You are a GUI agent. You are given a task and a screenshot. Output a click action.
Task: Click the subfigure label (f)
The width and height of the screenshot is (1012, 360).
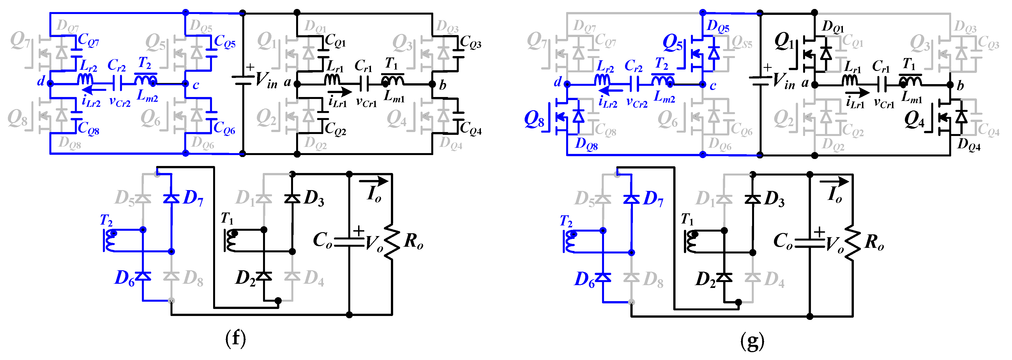235,339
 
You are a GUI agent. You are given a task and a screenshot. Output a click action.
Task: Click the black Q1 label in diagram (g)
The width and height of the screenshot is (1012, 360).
784,41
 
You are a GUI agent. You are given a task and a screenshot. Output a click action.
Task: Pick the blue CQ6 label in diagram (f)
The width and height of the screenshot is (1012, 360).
224,128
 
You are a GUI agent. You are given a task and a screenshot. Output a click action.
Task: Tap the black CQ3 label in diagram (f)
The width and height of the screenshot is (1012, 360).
470,42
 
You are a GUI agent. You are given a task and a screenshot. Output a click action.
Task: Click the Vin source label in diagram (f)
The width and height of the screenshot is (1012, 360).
266,80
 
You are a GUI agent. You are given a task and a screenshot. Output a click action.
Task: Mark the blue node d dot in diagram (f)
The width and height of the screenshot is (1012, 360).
50,83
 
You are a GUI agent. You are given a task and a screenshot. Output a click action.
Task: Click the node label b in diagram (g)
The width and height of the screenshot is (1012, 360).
960,86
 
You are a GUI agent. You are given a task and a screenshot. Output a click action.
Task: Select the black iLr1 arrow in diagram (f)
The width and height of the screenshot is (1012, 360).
341,92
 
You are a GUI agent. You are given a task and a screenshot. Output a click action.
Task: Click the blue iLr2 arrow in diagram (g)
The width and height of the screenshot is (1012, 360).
612,91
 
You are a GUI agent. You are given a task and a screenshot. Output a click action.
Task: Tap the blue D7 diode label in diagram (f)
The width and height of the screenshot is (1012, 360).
193,198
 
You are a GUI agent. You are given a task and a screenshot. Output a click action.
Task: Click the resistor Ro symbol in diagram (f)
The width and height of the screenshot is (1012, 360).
392,241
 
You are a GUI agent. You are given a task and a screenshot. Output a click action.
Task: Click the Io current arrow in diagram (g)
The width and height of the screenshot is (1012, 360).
834,182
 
